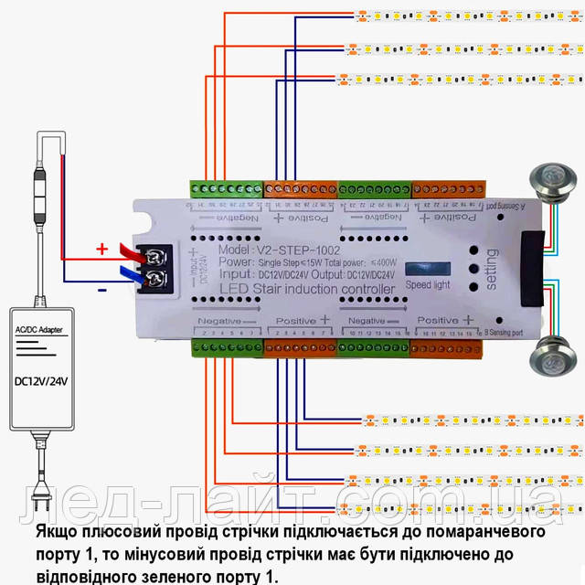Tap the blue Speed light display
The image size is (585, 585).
[x=428, y=271]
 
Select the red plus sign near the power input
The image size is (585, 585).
[x=102, y=248]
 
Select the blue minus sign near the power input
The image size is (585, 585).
[x=103, y=289]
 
